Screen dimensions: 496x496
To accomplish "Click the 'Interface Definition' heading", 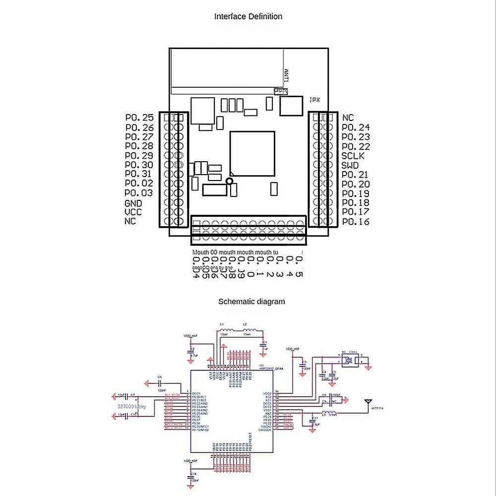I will (x=248, y=16).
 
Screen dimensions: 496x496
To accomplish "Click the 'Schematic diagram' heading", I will (x=252, y=301).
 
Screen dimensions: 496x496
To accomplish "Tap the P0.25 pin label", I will (x=139, y=118).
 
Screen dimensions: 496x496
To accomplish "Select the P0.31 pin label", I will (x=138, y=174).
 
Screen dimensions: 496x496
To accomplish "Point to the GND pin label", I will (x=133, y=203).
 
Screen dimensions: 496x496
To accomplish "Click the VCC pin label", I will (x=133, y=212).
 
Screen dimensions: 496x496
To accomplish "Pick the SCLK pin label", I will (x=353, y=156).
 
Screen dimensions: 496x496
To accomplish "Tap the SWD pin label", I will (x=350, y=165).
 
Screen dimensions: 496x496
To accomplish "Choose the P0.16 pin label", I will (x=356, y=222).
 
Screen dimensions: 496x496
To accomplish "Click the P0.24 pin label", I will (x=356, y=127).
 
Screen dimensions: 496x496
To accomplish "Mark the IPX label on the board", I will (x=314, y=100).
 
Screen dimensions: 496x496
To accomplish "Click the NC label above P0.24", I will (x=348, y=118).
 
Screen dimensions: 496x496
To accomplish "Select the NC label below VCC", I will (x=130, y=222).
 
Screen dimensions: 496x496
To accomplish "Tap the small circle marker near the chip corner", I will (x=229, y=182).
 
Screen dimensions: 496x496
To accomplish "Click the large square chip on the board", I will (x=252, y=153).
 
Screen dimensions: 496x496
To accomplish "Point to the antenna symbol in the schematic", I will (x=369, y=402).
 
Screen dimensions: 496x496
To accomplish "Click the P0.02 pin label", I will (x=138, y=184).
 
